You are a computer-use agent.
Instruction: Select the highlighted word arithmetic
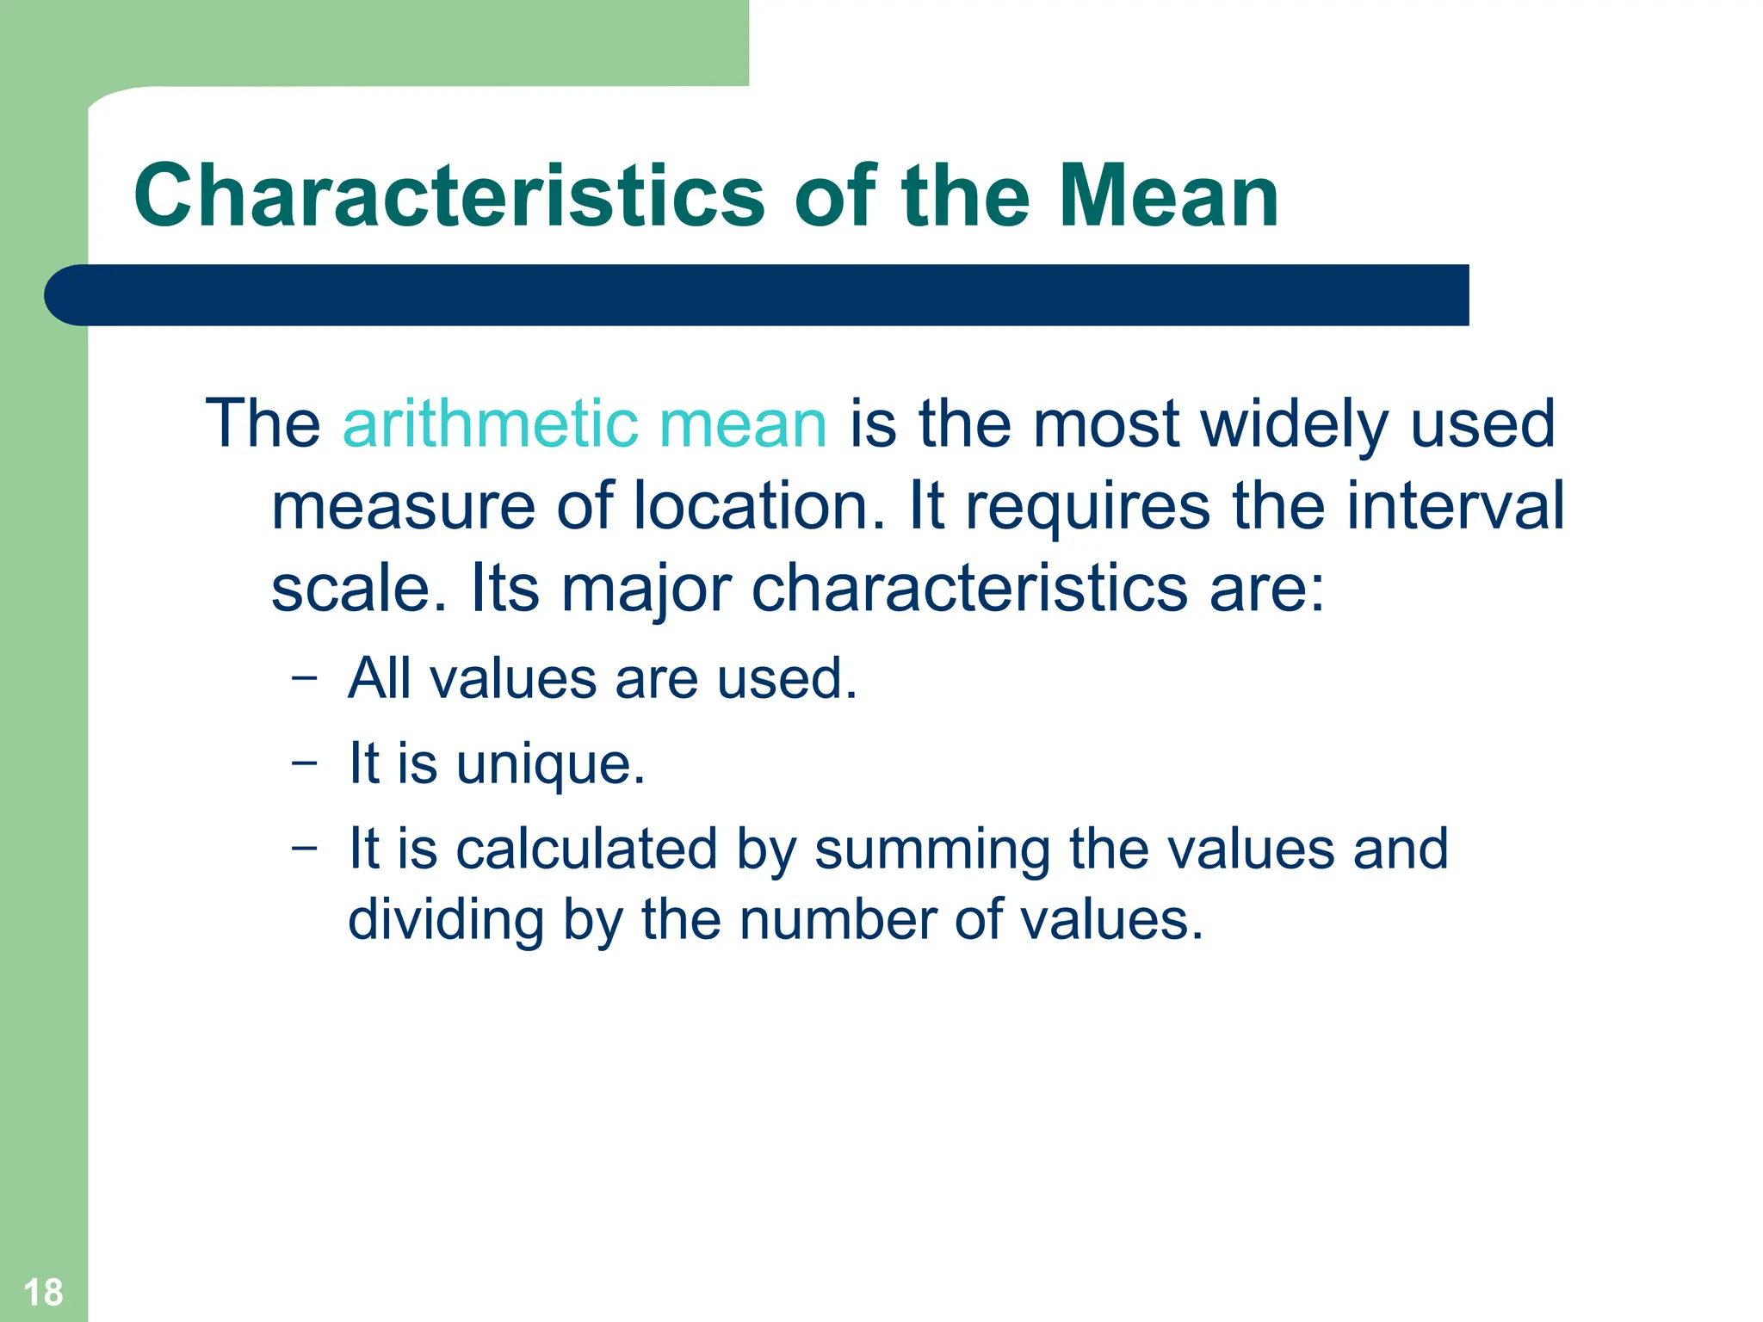491,423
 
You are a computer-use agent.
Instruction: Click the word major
646,590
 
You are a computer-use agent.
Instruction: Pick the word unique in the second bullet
551,764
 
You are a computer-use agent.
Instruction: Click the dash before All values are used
304,677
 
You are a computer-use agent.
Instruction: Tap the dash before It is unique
304,762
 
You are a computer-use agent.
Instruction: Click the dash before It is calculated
304,847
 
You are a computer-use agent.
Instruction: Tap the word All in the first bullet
379,678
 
